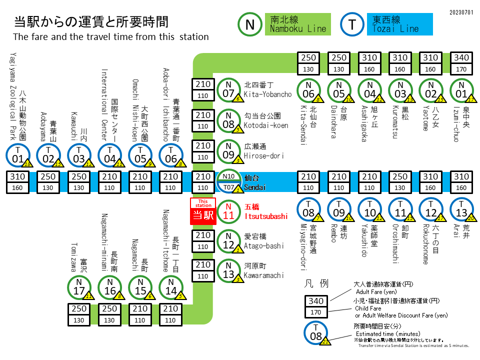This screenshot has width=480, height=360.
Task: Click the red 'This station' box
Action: click(x=203, y=210)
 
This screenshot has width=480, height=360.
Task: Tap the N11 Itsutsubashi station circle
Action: click(x=228, y=210)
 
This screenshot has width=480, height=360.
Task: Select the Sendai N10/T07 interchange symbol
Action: click(x=228, y=181)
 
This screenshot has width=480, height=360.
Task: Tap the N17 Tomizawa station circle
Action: click(x=79, y=288)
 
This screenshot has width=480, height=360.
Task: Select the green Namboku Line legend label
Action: click(x=298, y=24)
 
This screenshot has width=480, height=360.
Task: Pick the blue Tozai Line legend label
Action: click(x=401, y=24)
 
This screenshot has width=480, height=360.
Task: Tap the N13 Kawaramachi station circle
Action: click(x=228, y=270)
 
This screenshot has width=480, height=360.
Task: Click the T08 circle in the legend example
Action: click(x=316, y=332)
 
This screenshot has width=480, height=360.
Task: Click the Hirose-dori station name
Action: click(x=264, y=151)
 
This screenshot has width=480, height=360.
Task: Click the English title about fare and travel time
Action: click(x=110, y=37)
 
